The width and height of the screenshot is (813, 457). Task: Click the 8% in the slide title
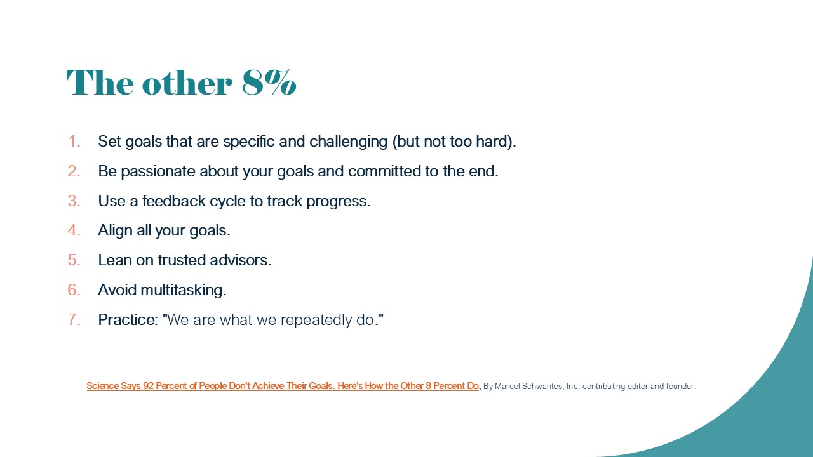click(x=269, y=83)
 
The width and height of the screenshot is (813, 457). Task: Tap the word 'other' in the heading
click(x=187, y=83)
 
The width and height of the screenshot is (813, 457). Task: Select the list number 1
click(x=74, y=142)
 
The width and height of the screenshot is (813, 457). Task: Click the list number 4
click(x=74, y=230)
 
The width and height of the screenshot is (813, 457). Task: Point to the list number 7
click(x=74, y=319)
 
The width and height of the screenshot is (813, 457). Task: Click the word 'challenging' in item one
click(x=349, y=142)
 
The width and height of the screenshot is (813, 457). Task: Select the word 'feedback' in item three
click(x=174, y=201)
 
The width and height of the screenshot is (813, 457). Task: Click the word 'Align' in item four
click(x=115, y=230)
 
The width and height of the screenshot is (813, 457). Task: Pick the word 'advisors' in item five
click(x=240, y=260)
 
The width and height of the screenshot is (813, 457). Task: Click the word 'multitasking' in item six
click(x=184, y=290)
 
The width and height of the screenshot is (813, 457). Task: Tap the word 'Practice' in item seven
click(x=128, y=319)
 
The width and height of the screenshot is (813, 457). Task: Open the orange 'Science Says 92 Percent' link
click(x=283, y=386)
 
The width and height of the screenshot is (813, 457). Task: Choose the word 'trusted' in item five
click(x=182, y=260)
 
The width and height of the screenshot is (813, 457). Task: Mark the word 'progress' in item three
click(x=339, y=202)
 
